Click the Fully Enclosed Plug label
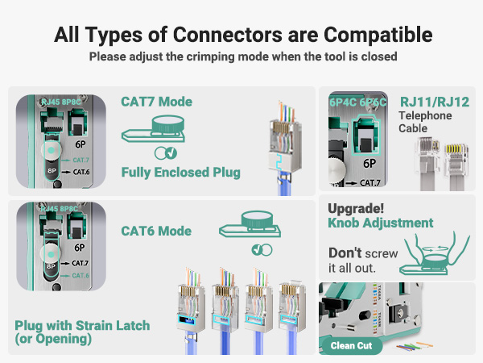point(180,172)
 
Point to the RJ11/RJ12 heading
point(433,102)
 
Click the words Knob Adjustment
point(381,223)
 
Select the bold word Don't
point(345,252)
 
